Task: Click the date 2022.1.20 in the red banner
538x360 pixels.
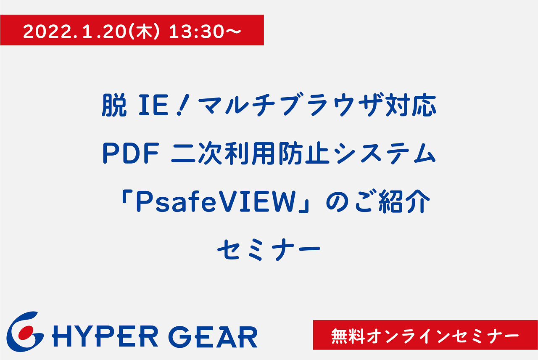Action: coord(75,32)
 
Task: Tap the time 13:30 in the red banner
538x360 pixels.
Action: coord(196,32)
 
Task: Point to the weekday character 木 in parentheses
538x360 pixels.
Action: coord(144,32)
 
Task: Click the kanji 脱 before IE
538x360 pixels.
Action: coord(114,105)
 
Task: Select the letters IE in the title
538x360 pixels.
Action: coord(153,105)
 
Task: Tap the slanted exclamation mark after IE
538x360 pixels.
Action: coord(183,105)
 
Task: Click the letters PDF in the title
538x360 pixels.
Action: coord(131,154)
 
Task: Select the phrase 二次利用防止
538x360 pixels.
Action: coord(250,154)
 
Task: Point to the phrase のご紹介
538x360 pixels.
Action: coord(378,201)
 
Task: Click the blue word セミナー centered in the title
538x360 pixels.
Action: coord(269,250)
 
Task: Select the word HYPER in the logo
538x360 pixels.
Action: coord(105,337)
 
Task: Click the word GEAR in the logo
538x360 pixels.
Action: coord(214,337)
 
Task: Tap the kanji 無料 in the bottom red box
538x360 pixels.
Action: coord(348,336)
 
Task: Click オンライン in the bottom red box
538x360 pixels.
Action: coord(409,336)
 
